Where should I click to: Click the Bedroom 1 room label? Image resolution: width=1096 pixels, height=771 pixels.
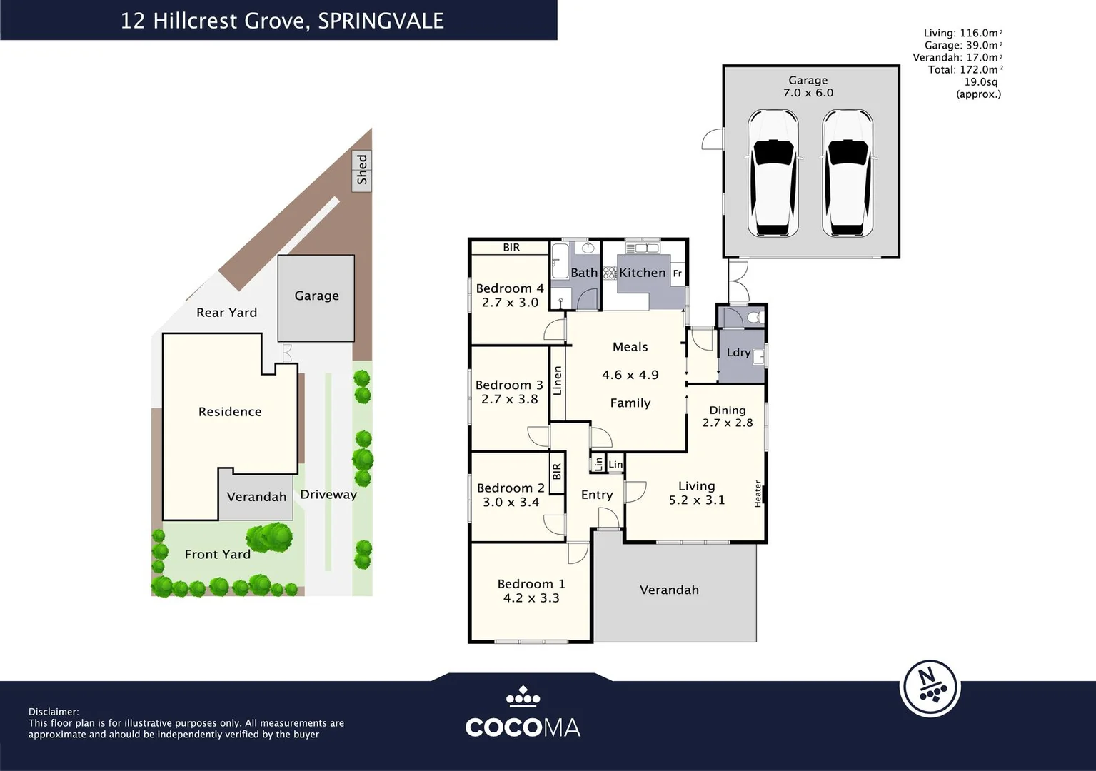click(531, 584)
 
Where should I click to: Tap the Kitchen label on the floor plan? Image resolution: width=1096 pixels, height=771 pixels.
click(642, 273)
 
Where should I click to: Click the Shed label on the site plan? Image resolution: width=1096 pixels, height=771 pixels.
click(362, 169)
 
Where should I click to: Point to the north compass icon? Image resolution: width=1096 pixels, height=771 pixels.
click(930, 688)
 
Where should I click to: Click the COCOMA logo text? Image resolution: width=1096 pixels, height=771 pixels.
click(523, 727)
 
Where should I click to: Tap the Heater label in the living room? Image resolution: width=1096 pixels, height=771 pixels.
click(758, 493)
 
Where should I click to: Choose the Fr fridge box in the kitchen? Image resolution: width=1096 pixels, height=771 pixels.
click(677, 273)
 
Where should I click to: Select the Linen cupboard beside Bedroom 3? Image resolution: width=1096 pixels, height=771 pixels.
click(558, 381)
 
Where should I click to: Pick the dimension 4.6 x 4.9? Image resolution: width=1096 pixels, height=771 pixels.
click(630, 375)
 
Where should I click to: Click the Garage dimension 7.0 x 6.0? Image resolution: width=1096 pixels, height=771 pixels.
click(808, 93)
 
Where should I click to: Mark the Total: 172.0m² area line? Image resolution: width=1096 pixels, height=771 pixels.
click(964, 69)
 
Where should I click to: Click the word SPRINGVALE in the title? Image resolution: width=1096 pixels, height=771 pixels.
click(381, 21)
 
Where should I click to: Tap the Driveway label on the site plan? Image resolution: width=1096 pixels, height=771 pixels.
click(328, 494)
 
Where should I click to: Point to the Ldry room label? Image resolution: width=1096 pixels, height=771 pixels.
click(738, 353)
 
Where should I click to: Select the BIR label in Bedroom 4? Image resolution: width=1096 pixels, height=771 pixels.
click(511, 248)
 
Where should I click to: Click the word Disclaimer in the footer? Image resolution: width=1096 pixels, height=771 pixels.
click(54, 712)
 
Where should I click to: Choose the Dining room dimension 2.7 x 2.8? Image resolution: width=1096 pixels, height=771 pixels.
click(727, 423)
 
